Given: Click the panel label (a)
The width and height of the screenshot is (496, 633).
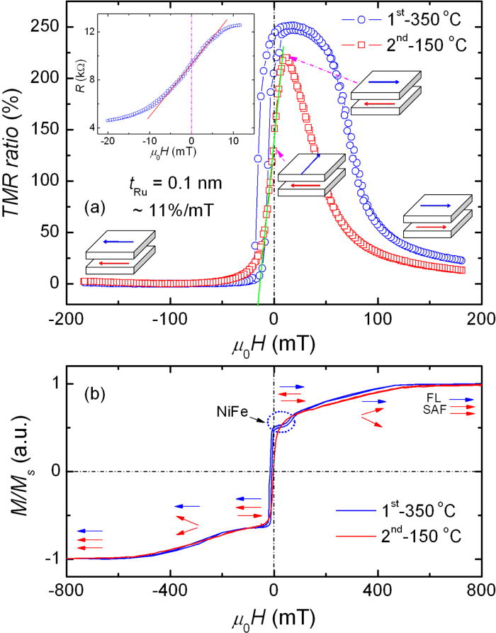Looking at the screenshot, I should [96, 208].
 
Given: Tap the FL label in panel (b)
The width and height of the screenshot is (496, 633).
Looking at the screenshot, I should [435, 400].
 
